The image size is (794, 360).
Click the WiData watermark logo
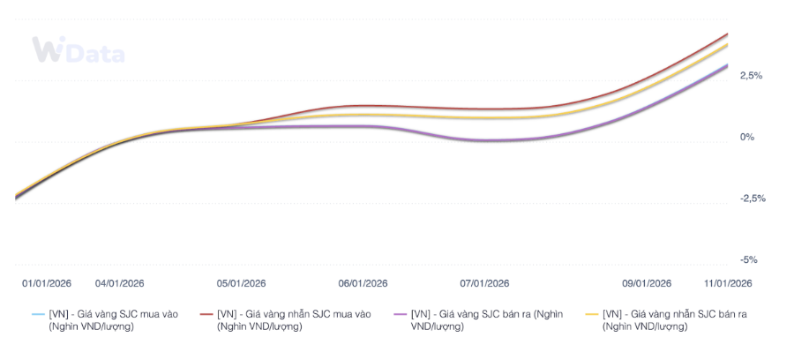tap(78, 51)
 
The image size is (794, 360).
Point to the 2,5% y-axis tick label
tap(751, 76)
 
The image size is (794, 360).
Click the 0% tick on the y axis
tap(747, 138)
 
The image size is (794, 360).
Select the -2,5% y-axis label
tap(753, 199)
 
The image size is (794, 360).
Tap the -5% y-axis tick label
tap(748, 260)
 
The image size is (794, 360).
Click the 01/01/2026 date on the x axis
tap(47, 283)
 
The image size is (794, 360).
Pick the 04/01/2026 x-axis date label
tap(119, 283)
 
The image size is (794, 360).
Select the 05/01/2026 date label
tap(241, 283)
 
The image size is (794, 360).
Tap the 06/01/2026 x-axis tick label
tap(363, 283)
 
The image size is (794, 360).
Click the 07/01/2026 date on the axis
tap(484, 283)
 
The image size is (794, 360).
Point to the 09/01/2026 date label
tap(647, 283)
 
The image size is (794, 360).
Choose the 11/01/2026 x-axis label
tap(727, 283)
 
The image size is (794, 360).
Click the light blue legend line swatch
tap(37, 314)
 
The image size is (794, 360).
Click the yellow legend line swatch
tap(592, 314)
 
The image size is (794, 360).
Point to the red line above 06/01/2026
tap(363, 106)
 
